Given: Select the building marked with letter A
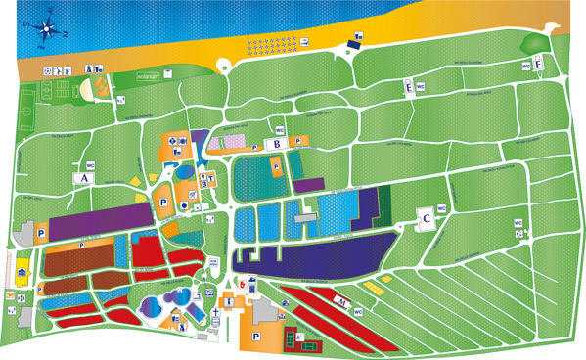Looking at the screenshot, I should click(x=84, y=178).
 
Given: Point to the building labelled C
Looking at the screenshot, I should click(x=427, y=218).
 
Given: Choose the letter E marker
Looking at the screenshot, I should click(x=408, y=87).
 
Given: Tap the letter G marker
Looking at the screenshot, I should click(x=518, y=234).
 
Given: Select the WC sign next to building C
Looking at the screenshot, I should click(x=440, y=208).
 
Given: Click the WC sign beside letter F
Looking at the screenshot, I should click(x=526, y=67).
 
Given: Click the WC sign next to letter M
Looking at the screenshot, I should click(x=359, y=312).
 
